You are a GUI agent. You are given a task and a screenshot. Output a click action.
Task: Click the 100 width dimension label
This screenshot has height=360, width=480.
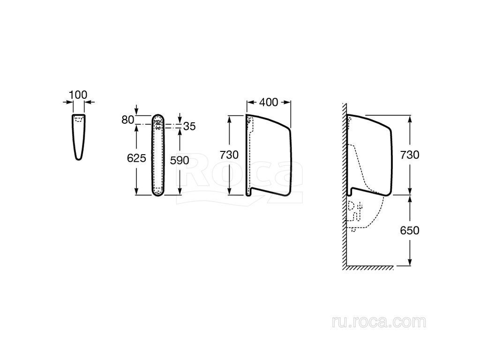[78, 95]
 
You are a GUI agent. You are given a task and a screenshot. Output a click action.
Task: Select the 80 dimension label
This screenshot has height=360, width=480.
[127, 120]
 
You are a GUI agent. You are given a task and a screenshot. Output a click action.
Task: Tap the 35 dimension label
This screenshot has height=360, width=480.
[189, 126]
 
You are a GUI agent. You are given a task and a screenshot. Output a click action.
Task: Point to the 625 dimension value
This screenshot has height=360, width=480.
[136, 158]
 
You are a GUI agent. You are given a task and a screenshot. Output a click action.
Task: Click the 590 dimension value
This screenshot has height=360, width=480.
[180, 160]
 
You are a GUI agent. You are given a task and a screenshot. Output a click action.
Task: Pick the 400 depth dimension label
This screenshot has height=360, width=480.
[269, 102]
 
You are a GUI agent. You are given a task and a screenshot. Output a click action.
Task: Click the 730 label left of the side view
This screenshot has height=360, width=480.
[229, 155]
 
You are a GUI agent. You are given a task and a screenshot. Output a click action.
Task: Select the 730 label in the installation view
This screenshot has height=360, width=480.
[410, 155]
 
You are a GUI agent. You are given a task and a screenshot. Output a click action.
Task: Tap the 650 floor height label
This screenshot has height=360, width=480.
[410, 231]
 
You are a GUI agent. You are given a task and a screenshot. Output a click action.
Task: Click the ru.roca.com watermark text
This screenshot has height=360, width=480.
[379, 322]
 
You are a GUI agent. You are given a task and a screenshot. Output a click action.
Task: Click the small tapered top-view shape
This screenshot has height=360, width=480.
[79, 137]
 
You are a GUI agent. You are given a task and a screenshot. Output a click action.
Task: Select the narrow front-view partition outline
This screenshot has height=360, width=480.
[158, 155]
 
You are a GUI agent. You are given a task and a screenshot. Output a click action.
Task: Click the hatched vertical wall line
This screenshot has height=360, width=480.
[345, 186]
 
